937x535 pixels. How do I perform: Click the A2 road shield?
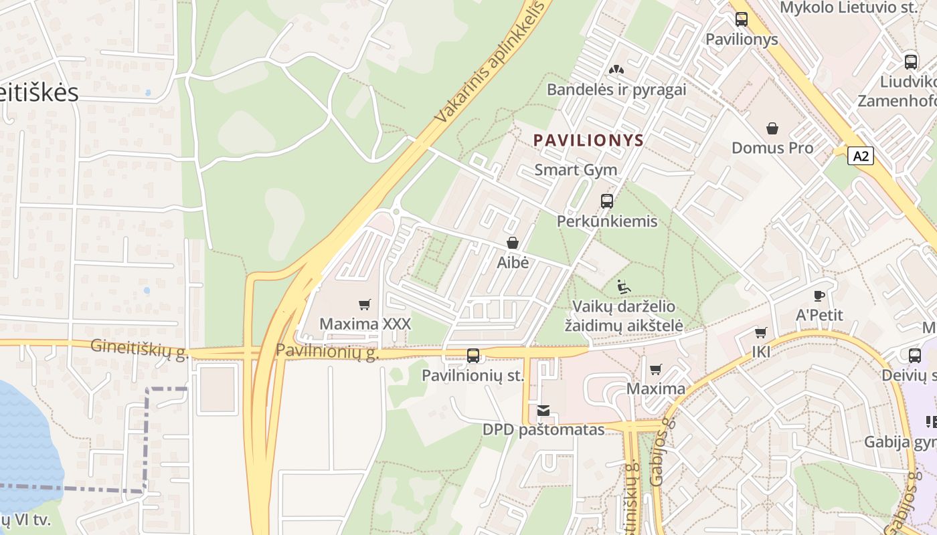(861, 156)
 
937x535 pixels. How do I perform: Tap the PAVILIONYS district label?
(588, 140)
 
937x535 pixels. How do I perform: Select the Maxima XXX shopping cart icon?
(365, 305)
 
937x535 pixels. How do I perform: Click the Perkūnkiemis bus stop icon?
(607, 201)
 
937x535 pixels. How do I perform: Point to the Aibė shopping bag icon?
(513, 243)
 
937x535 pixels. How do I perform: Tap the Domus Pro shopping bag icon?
(772, 128)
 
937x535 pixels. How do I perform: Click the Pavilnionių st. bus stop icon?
(473, 356)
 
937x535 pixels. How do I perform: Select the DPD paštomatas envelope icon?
(543, 411)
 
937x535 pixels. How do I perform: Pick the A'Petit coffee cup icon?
(819, 296)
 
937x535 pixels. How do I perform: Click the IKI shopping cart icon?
(761, 332)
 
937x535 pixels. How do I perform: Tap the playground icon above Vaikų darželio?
(624, 287)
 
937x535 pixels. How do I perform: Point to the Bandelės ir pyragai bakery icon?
(616, 70)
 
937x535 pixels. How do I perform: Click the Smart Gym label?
(576, 170)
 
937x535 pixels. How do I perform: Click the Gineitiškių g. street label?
(139, 348)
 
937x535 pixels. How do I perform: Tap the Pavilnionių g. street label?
(327, 351)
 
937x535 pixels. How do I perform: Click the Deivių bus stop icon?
(915, 356)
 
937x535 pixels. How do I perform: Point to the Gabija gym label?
(900, 442)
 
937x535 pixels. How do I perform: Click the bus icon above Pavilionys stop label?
(742, 19)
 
